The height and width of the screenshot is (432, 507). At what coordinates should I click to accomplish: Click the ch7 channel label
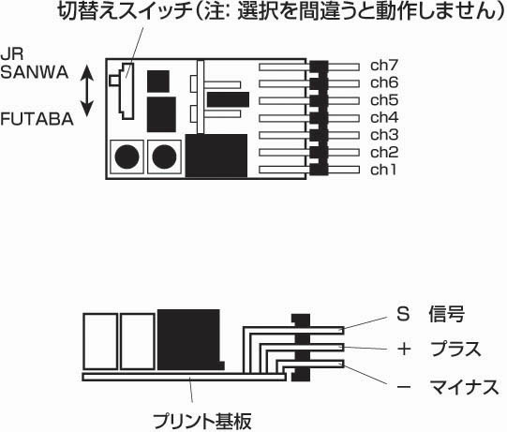(x=384, y=66)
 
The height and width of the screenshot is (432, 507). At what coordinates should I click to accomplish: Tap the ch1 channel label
(x=383, y=170)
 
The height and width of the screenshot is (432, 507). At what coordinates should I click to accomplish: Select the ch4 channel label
(x=384, y=118)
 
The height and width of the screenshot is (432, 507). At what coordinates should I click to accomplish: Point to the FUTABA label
(x=37, y=119)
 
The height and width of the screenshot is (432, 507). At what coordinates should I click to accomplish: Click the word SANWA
(x=35, y=72)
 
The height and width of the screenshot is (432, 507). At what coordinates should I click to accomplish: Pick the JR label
(x=12, y=54)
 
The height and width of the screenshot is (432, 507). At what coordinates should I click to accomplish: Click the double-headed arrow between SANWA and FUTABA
(x=86, y=91)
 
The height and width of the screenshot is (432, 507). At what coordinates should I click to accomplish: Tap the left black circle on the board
(x=127, y=156)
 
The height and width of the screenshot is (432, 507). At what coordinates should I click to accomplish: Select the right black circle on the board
(x=164, y=156)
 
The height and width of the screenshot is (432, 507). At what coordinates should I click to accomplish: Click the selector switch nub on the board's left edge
(x=114, y=81)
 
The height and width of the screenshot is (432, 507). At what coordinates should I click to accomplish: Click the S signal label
(x=403, y=314)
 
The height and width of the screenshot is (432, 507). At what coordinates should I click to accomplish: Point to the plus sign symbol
(x=404, y=350)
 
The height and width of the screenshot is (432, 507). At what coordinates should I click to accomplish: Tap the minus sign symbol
(x=404, y=387)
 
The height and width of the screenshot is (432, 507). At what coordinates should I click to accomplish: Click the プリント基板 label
(x=201, y=421)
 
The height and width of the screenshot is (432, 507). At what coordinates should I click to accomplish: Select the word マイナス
(x=464, y=387)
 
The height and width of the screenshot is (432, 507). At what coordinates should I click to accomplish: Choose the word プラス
(x=455, y=350)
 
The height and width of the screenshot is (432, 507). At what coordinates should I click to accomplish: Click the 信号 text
(x=447, y=314)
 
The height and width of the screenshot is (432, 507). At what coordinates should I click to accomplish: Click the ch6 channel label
(x=384, y=82)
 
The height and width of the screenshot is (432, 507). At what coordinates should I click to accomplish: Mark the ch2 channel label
(x=384, y=153)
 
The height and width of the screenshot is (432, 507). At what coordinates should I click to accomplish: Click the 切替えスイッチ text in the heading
(x=126, y=11)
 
